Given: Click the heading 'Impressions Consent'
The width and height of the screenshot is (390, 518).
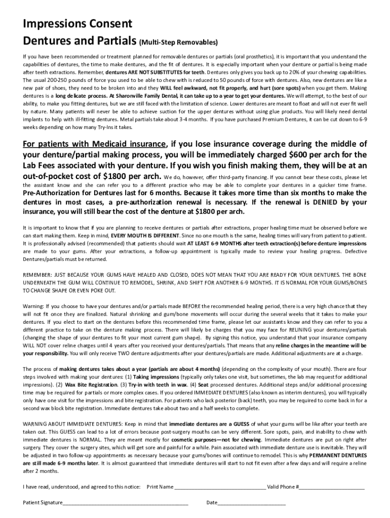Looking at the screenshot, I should tap(77, 24).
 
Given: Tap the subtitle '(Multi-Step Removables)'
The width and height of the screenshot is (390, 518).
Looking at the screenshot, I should tap(178, 41).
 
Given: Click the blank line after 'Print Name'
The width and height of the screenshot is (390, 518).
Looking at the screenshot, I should tap(220, 487).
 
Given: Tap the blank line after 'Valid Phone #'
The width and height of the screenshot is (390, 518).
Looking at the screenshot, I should tap(332, 487).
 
